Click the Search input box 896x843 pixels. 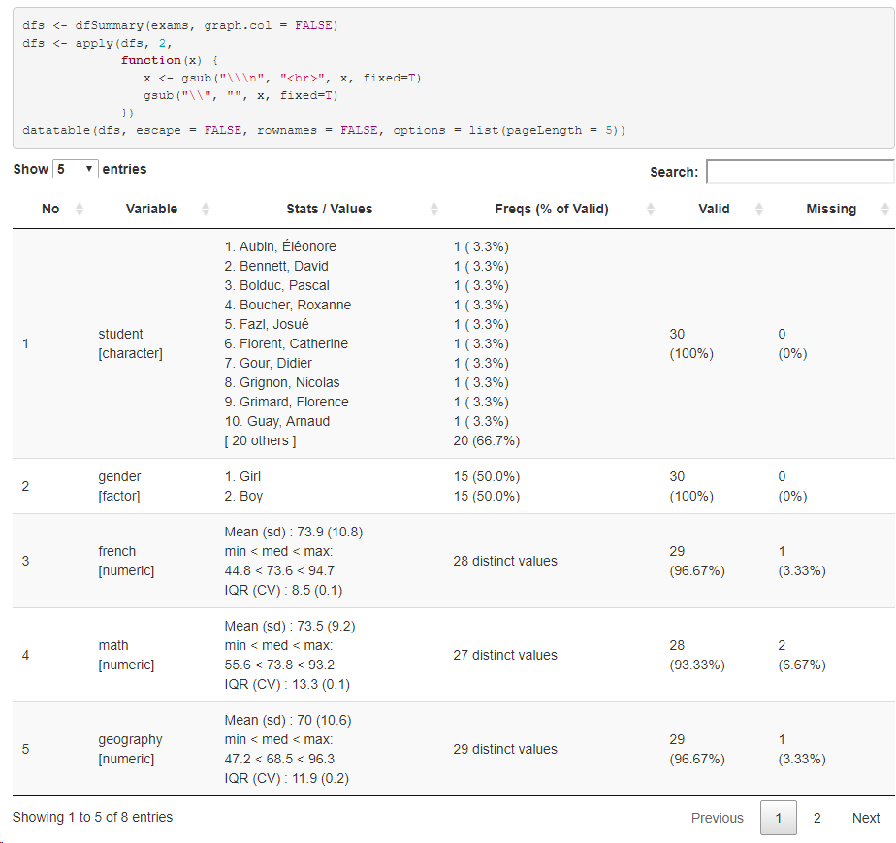coord(799,172)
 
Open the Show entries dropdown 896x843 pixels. coord(75,169)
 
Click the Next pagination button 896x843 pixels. coord(865,818)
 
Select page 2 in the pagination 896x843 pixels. coord(816,818)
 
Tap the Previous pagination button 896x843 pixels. coord(717,818)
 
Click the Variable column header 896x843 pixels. coord(151,209)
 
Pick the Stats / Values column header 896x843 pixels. coord(329,209)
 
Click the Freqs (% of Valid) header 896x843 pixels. coord(551,209)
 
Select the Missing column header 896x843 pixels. coord(830,209)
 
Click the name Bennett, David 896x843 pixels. coord(283,266)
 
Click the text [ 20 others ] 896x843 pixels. coord(260,440)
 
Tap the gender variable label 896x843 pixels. coord(119,476)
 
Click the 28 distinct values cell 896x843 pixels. coord(504,561)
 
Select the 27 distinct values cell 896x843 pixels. coord(504,655)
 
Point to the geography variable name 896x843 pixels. coord(130,739)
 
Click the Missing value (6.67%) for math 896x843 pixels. coord(801,665)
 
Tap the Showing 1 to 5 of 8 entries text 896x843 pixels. coord(93,817)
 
